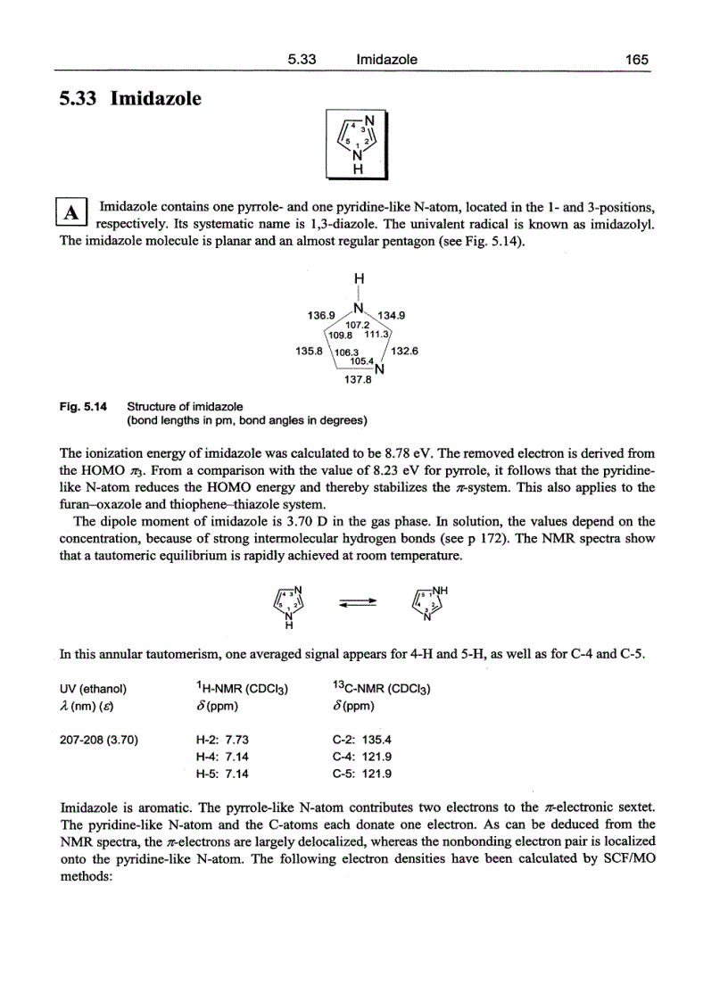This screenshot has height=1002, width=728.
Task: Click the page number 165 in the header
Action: (x=636, y=60)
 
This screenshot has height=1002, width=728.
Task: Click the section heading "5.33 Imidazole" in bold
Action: (x=129, y=98)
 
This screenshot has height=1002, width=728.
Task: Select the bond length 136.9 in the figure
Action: (x=319, y=315)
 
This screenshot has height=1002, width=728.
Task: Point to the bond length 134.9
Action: (x=391, y=315)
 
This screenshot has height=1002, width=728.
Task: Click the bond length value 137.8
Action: (x=357, y=378)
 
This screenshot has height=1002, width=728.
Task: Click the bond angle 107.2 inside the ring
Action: (x=357, y=325)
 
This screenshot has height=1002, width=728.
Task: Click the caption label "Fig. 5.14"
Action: (x=82, y=407)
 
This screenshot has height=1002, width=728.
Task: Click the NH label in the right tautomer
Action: (x=441, y=589)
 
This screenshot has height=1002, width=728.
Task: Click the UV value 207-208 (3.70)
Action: (x=98, y=740)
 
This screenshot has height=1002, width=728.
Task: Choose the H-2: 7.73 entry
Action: (x=221, y=740)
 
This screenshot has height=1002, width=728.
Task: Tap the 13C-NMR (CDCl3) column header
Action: (x=381, y=689)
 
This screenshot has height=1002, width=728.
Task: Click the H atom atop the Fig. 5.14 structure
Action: (x=358, y=277)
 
